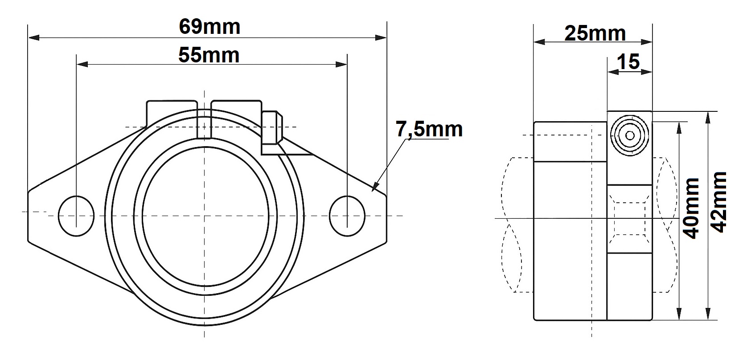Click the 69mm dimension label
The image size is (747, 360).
[x=209, y=27]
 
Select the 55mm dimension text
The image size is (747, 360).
[x=209, y=55]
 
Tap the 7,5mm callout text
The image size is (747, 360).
[x=429, y=129]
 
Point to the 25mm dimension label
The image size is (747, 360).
[x=595, y=33]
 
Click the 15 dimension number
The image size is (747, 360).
[x=628, y=61]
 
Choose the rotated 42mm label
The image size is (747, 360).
[x=719, y=202]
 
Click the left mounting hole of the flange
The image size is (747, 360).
[x=76, y=216]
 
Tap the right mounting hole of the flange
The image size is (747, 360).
[x=347, y=216]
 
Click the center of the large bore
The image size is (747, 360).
[x=205, y=216]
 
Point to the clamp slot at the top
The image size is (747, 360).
[x=204, y=120]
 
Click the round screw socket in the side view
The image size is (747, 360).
[x=630, y=135]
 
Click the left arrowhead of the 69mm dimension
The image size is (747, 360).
[x=34, y=38]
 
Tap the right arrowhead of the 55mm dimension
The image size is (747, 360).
[x=341, y=64]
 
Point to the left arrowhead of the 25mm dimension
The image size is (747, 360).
[x=540, y=42]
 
